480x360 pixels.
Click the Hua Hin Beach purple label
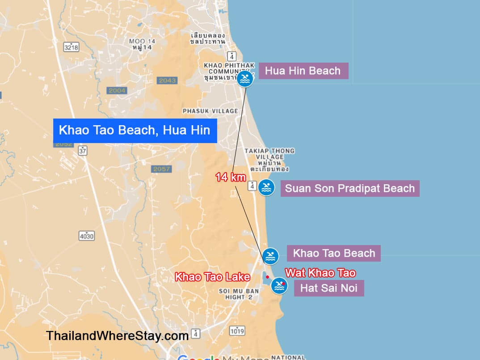303,71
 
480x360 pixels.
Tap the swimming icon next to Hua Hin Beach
245,79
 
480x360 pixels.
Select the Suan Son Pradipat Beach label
349,188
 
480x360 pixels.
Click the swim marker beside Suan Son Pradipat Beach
266,188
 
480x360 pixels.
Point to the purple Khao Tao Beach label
333,253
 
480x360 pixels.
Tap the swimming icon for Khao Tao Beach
270,256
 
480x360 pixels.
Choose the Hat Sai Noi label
328,288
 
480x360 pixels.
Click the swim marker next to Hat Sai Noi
279,285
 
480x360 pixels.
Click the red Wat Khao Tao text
320,272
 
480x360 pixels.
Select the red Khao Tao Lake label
212,277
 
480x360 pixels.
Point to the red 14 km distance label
231,178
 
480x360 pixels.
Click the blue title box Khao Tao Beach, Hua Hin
135,131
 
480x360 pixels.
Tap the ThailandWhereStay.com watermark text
117,336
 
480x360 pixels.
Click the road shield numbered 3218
71,47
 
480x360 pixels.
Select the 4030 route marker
86,235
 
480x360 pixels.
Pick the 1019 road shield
237,331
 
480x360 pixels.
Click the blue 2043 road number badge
167,80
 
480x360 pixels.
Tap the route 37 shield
82,150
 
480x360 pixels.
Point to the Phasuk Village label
210,111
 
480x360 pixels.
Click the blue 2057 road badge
162,169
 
